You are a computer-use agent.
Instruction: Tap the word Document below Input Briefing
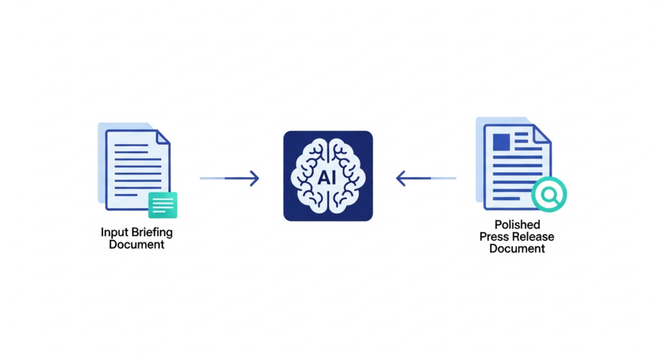coord(136,245)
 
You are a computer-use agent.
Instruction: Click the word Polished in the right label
coord(517,225)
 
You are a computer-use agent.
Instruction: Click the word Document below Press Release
coord(517,249)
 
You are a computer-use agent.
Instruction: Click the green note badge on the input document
coord(163,205)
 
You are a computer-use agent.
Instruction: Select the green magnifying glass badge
coord(550,193)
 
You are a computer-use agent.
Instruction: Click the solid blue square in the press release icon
coord(500,139)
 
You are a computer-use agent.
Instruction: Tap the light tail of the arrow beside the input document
coord(212,178)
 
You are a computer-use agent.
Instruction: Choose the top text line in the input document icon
coord(131,146)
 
